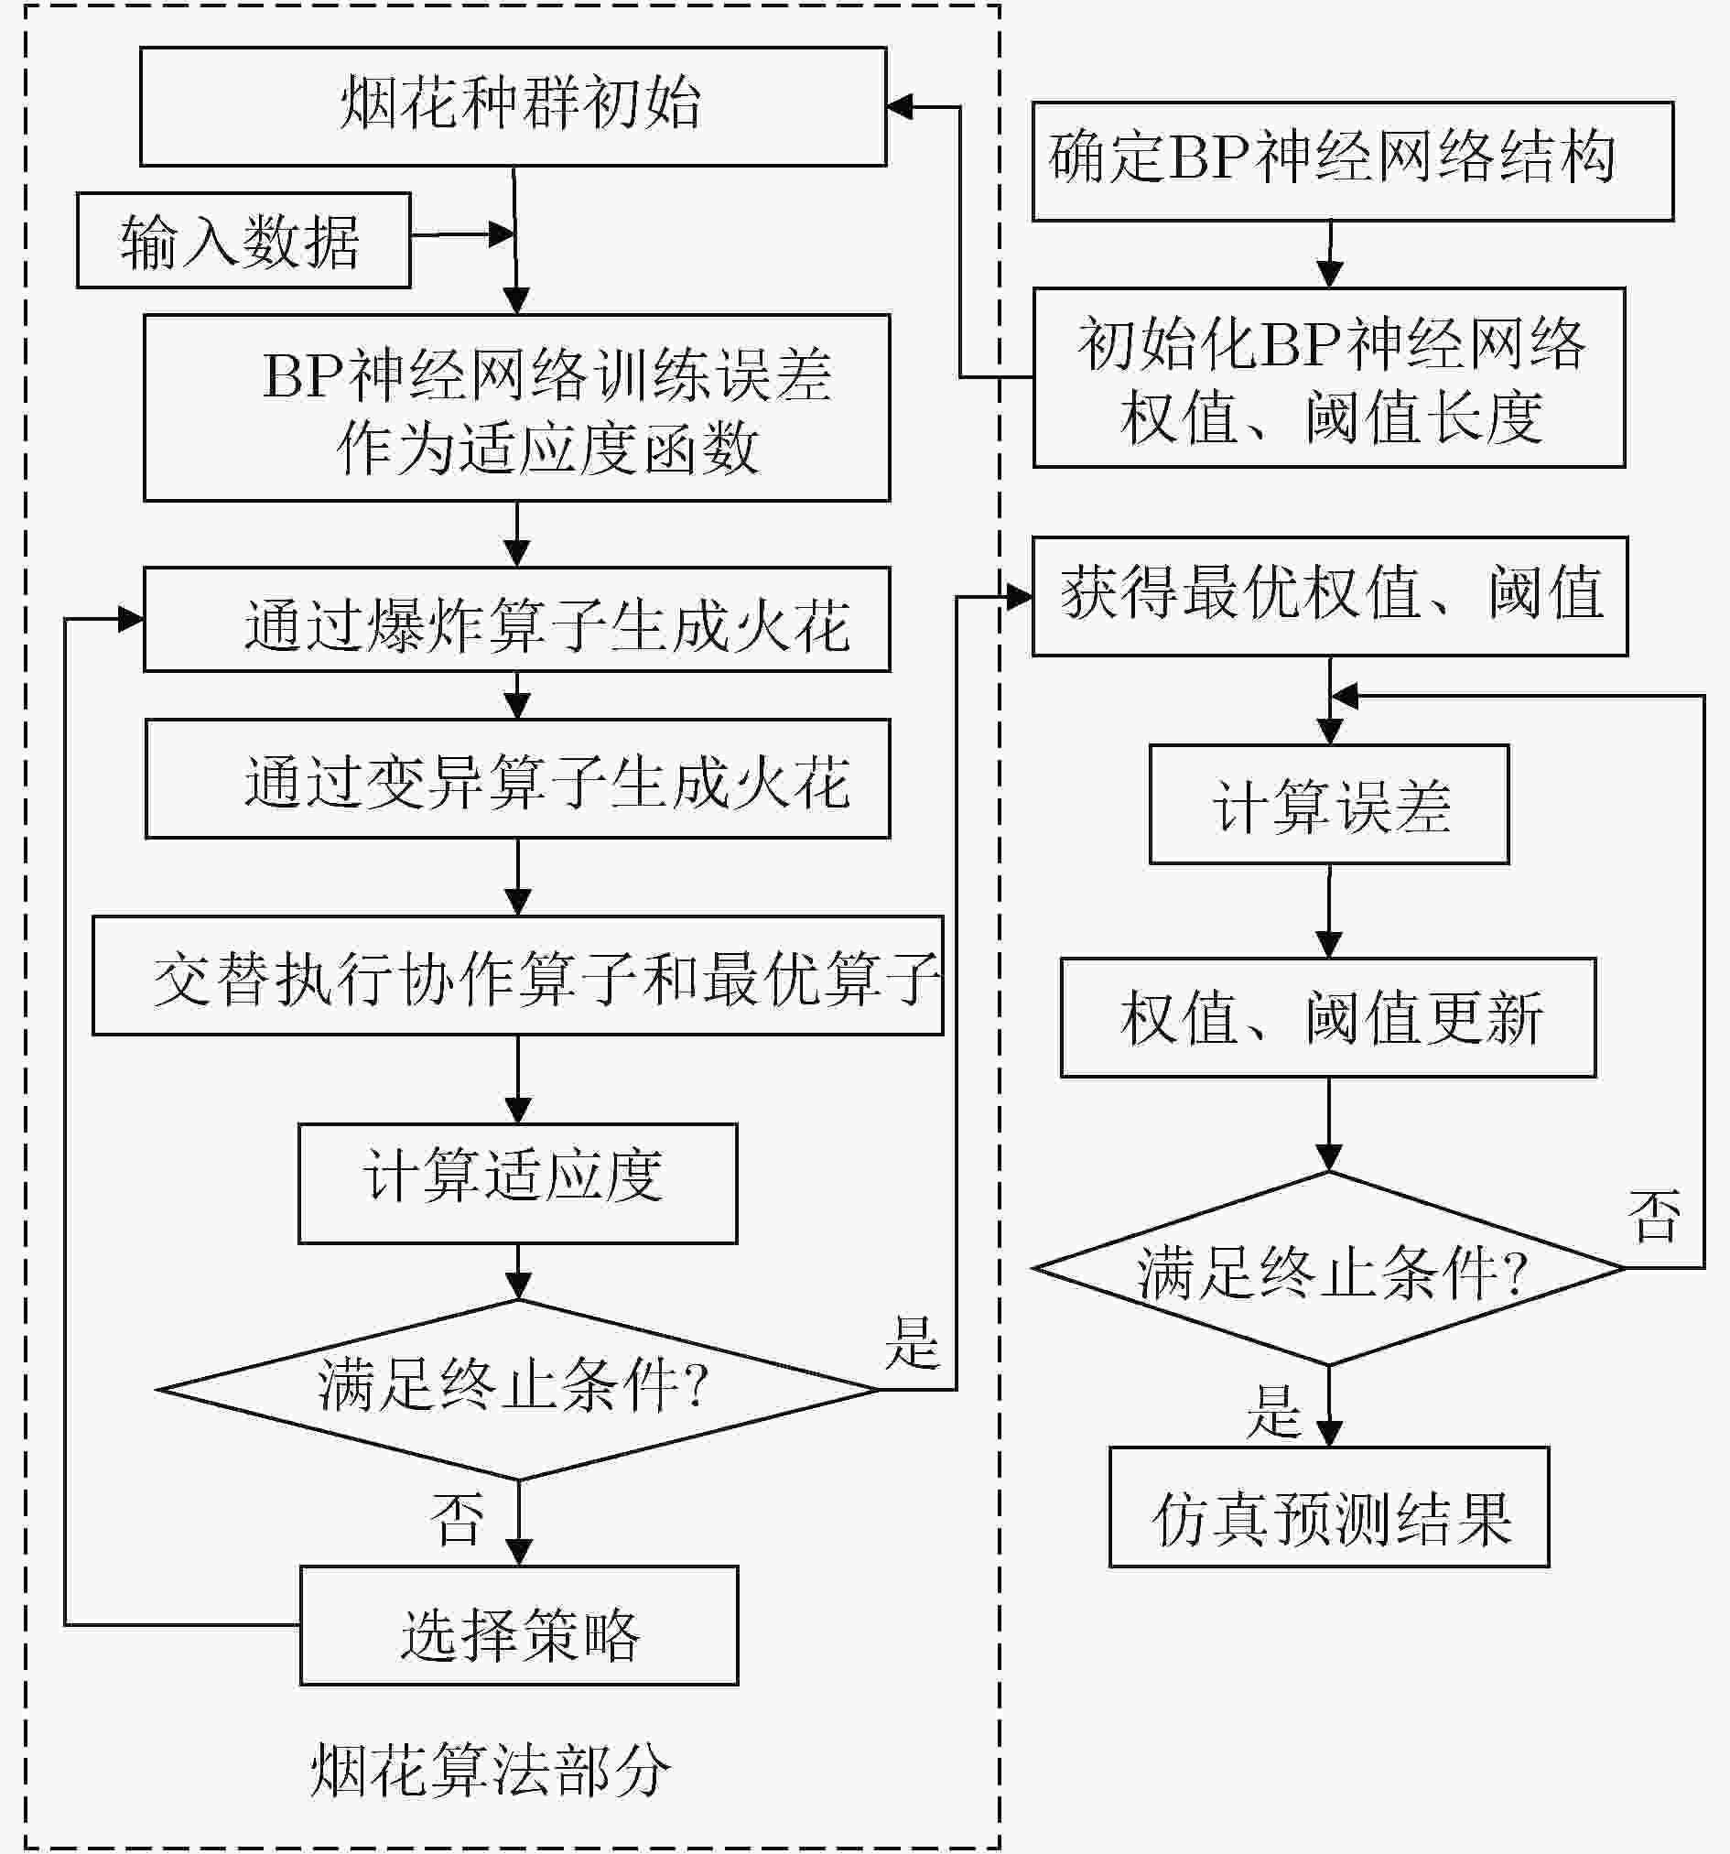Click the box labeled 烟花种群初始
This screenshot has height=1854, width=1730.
(513, 106)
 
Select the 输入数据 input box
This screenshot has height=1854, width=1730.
(243, 241)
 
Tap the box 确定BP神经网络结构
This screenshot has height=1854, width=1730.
(1352, 161)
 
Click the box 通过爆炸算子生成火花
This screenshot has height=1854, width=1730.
(516, 619)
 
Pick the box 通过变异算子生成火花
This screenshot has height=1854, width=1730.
(517, 778)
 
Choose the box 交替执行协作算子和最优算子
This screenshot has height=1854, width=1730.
(517, 975)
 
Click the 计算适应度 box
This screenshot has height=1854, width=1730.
(517, 1184)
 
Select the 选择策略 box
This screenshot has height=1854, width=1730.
(518, 1625)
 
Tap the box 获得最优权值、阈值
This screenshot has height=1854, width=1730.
(1330, 596)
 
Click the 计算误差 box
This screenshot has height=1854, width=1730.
(1329, 804)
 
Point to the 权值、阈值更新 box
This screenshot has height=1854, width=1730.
(1328, 1017)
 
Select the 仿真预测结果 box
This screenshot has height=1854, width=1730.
(1329, 1507)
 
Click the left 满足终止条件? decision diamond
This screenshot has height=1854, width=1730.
(517, 1390)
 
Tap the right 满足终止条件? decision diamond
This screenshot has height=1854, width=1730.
(1329, 1268)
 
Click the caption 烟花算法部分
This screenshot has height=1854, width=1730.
(491, 1770)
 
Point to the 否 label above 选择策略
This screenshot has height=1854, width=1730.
(456, 1518)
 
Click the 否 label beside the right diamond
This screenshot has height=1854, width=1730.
(1653, 1215)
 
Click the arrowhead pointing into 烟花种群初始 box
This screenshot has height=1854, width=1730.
(900, 107)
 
